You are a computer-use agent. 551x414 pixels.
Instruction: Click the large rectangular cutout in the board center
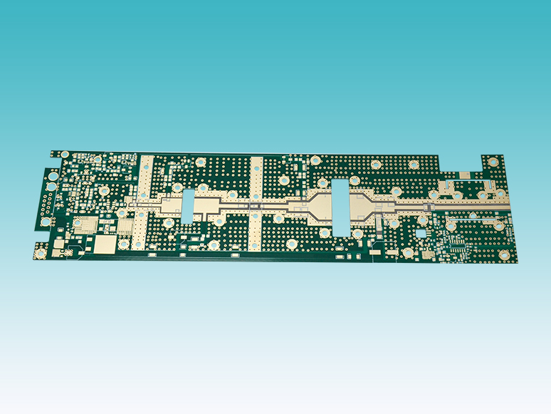point(340,209)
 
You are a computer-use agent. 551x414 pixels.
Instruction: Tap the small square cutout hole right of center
point(421,232)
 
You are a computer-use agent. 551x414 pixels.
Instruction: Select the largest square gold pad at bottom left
point(105,244)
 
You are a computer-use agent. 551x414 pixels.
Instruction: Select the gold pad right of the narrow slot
point(207,207)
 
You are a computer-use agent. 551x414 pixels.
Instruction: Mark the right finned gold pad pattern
point(125,227)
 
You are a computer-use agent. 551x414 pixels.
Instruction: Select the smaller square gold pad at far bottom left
point(57,251)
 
